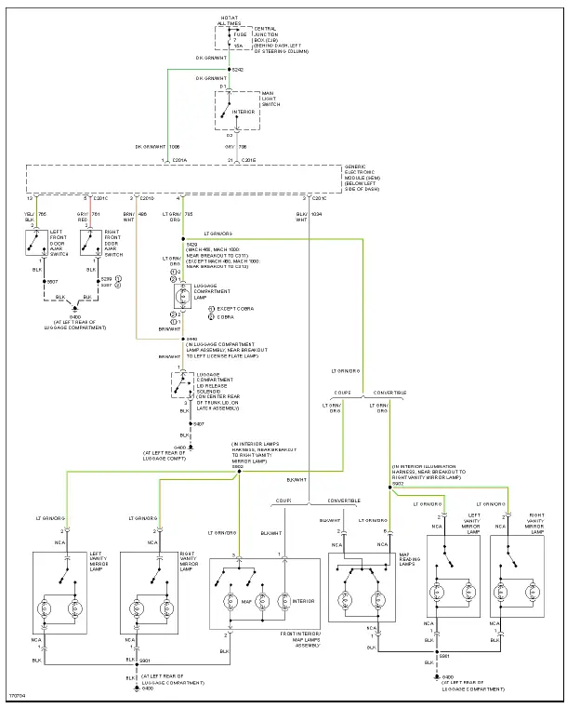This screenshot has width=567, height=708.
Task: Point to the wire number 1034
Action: pyautogui.click(x=316, y=215)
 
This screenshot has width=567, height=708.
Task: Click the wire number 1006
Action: pyautogui.click(x=175, y=147)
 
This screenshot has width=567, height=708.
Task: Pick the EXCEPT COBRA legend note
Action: pyautogui.click(x=234, y=307)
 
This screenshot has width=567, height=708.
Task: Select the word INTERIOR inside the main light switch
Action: pyautogui.click(x=244, y=112)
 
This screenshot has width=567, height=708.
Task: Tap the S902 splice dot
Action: pyautogui.click(x=239, y=471)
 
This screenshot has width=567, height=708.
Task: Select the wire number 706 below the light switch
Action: pyautogui.click(x=244, y=147)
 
